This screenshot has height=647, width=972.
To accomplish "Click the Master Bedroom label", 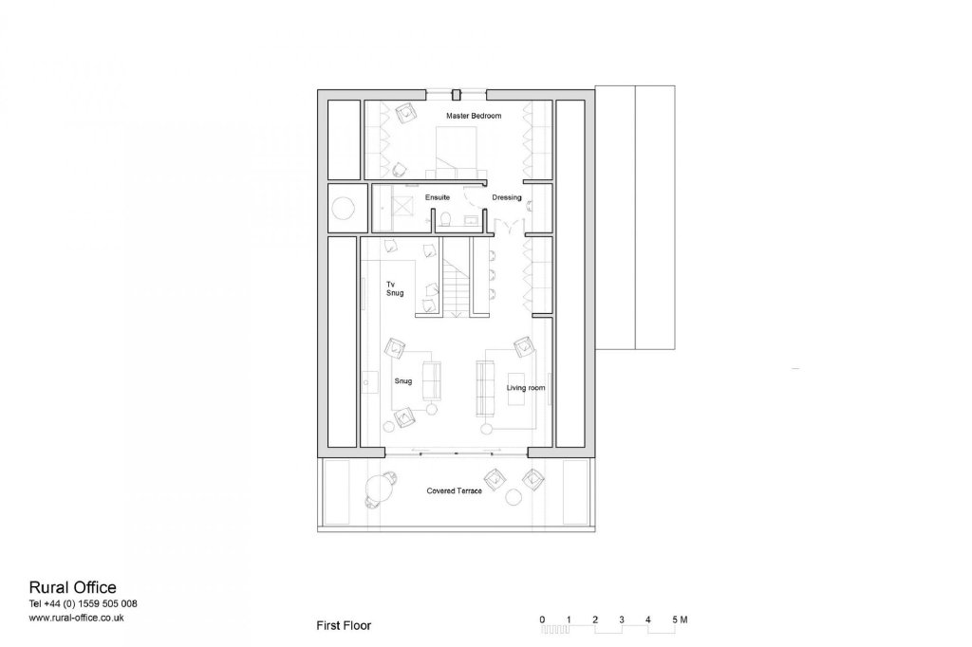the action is coord(474,116).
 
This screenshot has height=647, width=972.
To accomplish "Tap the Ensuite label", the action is coord(437,197).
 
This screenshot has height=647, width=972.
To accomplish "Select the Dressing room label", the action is coord(507,197).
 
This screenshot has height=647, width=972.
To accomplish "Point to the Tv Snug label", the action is coord(395,288).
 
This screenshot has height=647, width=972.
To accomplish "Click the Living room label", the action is coord(526,388).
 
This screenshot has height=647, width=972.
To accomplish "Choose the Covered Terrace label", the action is coord(454,490).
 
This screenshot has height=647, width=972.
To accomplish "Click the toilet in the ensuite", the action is coord(444,220).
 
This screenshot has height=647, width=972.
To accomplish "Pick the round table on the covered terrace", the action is coord(379,487).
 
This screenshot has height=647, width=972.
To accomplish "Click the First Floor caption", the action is coord(344,625).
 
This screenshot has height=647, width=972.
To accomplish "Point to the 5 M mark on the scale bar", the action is coord(680,619).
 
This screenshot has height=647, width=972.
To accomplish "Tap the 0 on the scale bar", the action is coord(542,619).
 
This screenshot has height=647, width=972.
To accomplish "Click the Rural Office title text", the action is coord(72,587).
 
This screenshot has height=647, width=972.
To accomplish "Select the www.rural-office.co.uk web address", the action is coord(76,618).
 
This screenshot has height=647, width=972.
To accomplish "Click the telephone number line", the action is coord(84,603).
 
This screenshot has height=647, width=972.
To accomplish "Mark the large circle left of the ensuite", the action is coord(344,207).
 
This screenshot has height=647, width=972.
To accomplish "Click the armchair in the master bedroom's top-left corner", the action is coord(406,113).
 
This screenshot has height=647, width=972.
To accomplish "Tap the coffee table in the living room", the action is coord(516,389).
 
